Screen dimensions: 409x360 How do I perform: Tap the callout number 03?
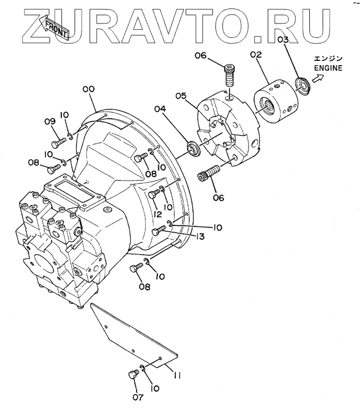tap(283, 40)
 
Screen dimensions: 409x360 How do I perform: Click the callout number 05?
tap(181, 96)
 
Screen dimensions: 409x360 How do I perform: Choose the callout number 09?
tap(50, 122)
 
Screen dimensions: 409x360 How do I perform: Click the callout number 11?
tap(177, 376)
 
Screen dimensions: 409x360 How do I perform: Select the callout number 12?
tap(157, 214)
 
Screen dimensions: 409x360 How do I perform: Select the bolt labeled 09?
tap(59, 143)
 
